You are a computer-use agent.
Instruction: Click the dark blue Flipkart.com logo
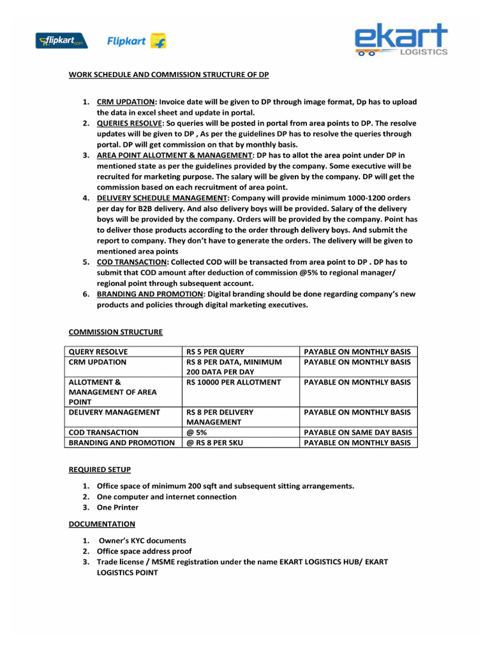(x=61, y=41)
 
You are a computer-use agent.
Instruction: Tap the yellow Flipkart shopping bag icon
(x=158, y=41)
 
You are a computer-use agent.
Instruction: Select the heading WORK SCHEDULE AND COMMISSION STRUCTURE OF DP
(x=168, y=75)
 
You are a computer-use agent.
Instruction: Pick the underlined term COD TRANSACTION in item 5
(x=131, y=262)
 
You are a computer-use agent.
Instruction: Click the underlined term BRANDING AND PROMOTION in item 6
(x=150, y=294)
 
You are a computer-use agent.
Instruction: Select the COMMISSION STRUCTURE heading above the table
(x=115, y=332)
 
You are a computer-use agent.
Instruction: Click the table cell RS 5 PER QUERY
(x=215, y=352)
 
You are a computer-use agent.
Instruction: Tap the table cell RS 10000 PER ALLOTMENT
(x=233, y=383)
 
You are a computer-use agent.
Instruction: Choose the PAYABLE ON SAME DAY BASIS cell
(x=357, y=432)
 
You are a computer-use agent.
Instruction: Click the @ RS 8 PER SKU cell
(x=214, y=443)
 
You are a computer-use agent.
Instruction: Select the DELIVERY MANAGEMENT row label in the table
(x=114, y=413)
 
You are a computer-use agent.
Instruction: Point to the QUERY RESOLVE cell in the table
(x=98, y=352)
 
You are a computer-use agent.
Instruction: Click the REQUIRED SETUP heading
(x=100, y=470)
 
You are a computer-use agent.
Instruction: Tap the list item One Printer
(x=117, y=508)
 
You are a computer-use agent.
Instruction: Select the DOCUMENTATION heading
(x=101, y=524)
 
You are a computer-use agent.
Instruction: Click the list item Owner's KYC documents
(x=142, y=541)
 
